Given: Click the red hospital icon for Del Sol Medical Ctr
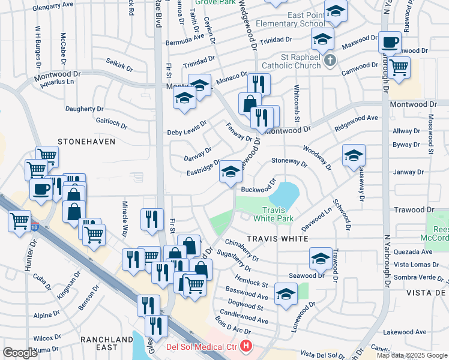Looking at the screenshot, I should pyautogui.click(x=246, y=346).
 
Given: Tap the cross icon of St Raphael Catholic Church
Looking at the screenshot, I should pyautogui.click(x=329, y=61).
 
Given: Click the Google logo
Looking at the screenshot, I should pyautogui.click(x=20, y=352).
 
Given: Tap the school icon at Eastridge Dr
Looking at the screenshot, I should pyautogui.click(x=230, y=172).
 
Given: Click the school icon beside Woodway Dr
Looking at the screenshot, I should pyautogui.click(x=354, y=155).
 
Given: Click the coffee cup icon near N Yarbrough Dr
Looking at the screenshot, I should pyautogui.click(x=390, y=42).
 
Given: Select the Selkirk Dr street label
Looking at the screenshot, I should pyautogui.click(x=119, y=65).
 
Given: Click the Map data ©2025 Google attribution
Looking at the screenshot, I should pyautogui.click(x=412, y=355).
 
